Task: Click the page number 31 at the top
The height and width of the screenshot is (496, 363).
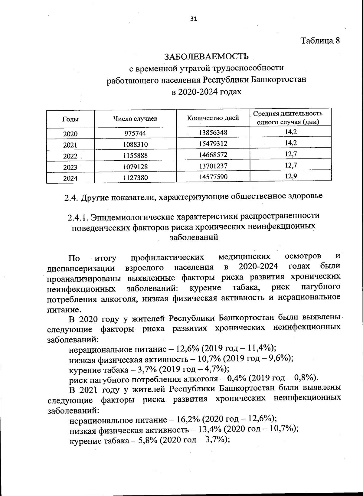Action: pos(194,19)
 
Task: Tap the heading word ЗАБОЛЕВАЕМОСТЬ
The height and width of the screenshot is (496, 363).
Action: pos(206,56)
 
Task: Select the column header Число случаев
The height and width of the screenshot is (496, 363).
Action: pos(135,119)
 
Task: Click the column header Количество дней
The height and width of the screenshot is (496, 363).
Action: pos(213,118)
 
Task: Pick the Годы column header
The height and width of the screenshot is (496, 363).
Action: pos(70,119)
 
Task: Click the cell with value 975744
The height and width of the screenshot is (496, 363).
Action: pos(135,133)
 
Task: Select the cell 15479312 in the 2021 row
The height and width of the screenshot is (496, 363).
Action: pos(213,144)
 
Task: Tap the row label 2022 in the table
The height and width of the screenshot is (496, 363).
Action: pos(70,156)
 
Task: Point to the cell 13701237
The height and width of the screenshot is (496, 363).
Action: pos(213,166)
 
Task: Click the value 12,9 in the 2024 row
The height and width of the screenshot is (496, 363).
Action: pos(291,176)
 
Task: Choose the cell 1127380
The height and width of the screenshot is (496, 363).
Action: pos(135,178)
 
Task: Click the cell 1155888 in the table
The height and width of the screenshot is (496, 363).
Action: pos(135,155)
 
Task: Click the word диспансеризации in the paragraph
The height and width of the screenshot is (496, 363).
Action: pos(81,268)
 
